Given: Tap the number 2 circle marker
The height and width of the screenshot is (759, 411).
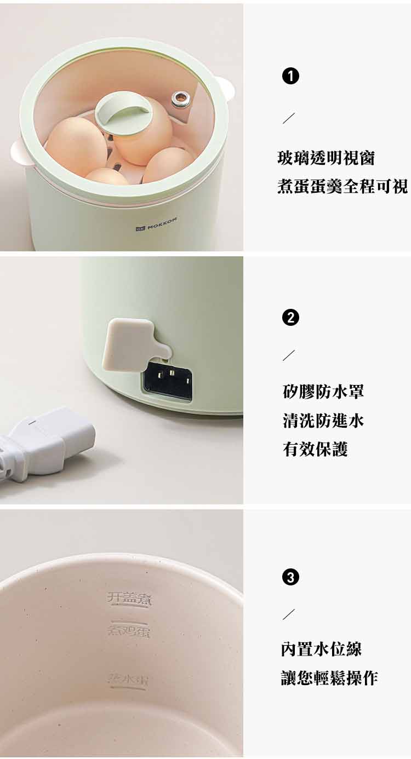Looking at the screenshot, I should (x=290, y=318).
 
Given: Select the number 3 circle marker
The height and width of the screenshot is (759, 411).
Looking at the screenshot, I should (x=290, y=577).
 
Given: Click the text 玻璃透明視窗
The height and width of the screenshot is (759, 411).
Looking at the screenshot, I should (x=326, y=159).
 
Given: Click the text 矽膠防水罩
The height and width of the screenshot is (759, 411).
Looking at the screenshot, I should (x=323, y=392).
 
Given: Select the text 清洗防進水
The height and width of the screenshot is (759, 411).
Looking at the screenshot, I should (x=323, y=421).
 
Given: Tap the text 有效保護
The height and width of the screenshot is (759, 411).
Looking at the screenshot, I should (x=316, y=450).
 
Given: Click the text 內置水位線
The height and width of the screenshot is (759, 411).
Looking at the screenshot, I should (x=322, y=649).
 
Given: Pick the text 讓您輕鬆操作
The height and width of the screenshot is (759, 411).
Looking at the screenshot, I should (x=329, y=678).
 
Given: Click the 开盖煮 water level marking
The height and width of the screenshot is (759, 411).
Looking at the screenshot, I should (x=131, y=599).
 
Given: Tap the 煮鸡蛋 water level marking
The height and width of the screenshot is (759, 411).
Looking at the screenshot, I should (x=129, y=631).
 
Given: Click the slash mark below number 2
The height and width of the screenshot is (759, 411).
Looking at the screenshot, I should (x=289, y=355).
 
